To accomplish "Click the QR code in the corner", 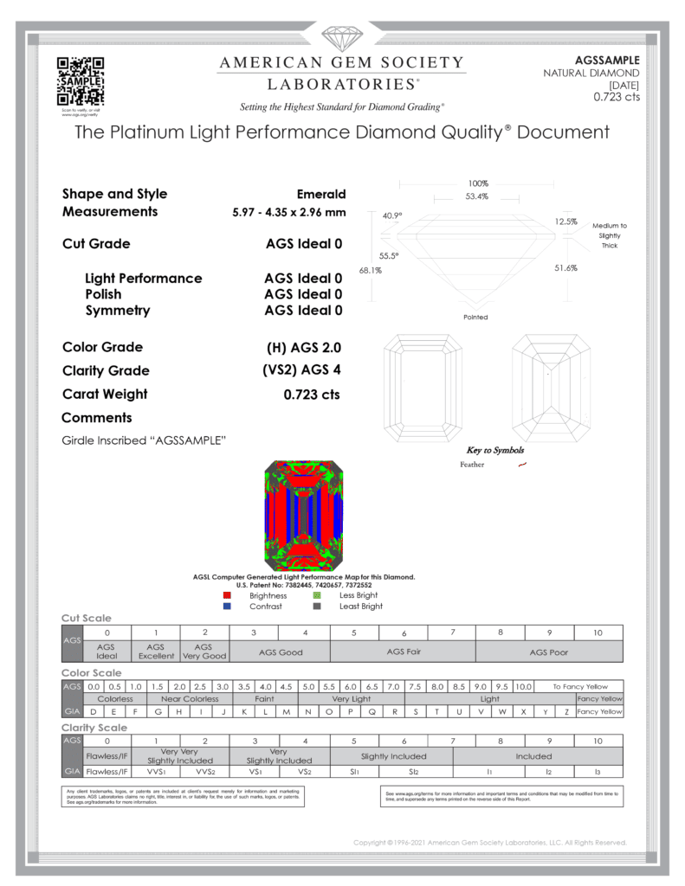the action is click(80, 80).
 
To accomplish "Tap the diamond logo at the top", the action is click(341, 40).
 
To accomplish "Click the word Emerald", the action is click(321, 194).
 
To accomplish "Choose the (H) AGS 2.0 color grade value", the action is click(304, 348).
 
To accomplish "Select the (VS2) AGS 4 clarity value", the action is click(303, 371).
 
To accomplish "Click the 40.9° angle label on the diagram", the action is click(392, 215).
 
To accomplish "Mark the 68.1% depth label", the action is click(371, 271).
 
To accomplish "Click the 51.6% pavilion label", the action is click(565, 268).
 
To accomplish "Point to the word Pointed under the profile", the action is click(475, 318).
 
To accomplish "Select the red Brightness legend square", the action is click(227, 595).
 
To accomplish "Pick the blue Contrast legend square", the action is click(227, 607).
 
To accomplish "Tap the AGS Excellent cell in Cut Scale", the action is click(156, 651).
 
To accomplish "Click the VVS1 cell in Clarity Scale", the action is click(156, 771).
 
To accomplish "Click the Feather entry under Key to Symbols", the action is click(473, 465).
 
